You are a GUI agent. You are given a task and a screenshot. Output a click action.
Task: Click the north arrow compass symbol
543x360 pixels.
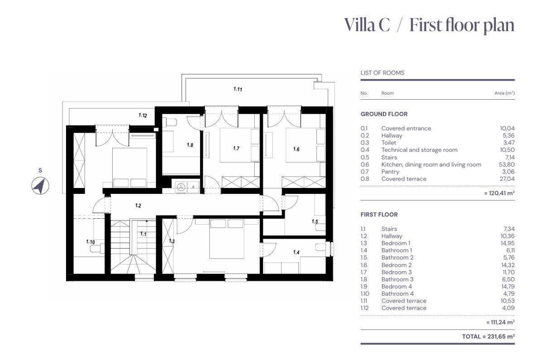tap(40, 186)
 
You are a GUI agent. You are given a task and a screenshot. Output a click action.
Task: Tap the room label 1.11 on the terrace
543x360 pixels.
tap(238, 89)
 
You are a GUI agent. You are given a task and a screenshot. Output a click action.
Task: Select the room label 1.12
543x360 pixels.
tap(143, 115)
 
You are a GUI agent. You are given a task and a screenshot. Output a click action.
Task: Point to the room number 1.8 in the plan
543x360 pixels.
tap(190, 145)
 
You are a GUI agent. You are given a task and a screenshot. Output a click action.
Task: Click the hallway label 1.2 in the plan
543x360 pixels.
tap(138, 206)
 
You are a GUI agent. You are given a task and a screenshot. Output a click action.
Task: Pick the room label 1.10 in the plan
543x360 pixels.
tap(90, 242)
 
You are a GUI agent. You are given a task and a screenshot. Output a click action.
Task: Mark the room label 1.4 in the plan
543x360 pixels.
tap(296, 252)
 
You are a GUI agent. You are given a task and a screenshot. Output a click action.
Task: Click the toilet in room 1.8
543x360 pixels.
tap(169, 122)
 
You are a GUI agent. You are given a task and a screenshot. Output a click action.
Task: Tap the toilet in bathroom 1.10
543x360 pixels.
tap(97, 249)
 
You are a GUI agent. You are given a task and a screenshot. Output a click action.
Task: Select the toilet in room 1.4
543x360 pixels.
tap(320, 247)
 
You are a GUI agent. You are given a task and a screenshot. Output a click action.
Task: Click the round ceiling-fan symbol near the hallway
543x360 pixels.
tap(181, 187)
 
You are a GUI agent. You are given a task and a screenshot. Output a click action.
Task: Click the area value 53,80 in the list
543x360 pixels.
tap(507, 164)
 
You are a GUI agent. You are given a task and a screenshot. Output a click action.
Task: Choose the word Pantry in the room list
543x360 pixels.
tap(390, 172)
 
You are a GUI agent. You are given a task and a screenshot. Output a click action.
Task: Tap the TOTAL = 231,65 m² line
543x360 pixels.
tap(488, 336)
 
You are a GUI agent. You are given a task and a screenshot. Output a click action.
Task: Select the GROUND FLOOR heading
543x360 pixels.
tap(384, 114)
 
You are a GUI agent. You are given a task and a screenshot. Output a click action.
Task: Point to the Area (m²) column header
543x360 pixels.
tap(505, 93)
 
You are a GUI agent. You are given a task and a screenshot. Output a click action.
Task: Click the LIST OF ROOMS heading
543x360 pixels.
tap(382, 73)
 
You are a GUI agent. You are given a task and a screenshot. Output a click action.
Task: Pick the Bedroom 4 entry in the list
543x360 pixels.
tap(396, 287)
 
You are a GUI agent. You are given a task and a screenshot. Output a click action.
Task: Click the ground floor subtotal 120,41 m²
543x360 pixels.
tap(500, 193)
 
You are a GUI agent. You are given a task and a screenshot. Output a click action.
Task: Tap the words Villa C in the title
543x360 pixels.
tap(367, 25)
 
